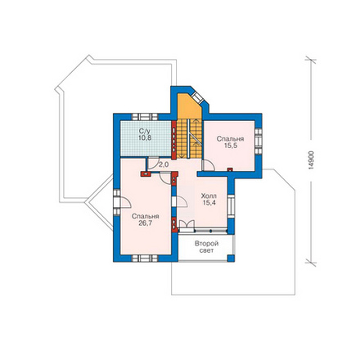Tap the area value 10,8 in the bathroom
(145, 137)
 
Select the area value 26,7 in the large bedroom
(146, 223)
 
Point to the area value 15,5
(231, 146)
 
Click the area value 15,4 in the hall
(209, 203)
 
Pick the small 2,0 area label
(164, 164)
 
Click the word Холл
(209, 196)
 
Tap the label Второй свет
(206, 247)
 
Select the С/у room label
(144, 131)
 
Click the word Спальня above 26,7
(146, 216)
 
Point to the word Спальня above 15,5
(231, 139)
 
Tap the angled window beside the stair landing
(197, 98)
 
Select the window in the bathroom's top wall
(145, 117)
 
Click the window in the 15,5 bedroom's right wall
(259, 142)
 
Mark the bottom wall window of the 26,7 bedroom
(145, 259)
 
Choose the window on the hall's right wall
(231, 206)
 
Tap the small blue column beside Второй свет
(231, 258)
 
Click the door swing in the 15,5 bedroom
(209, 165)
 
